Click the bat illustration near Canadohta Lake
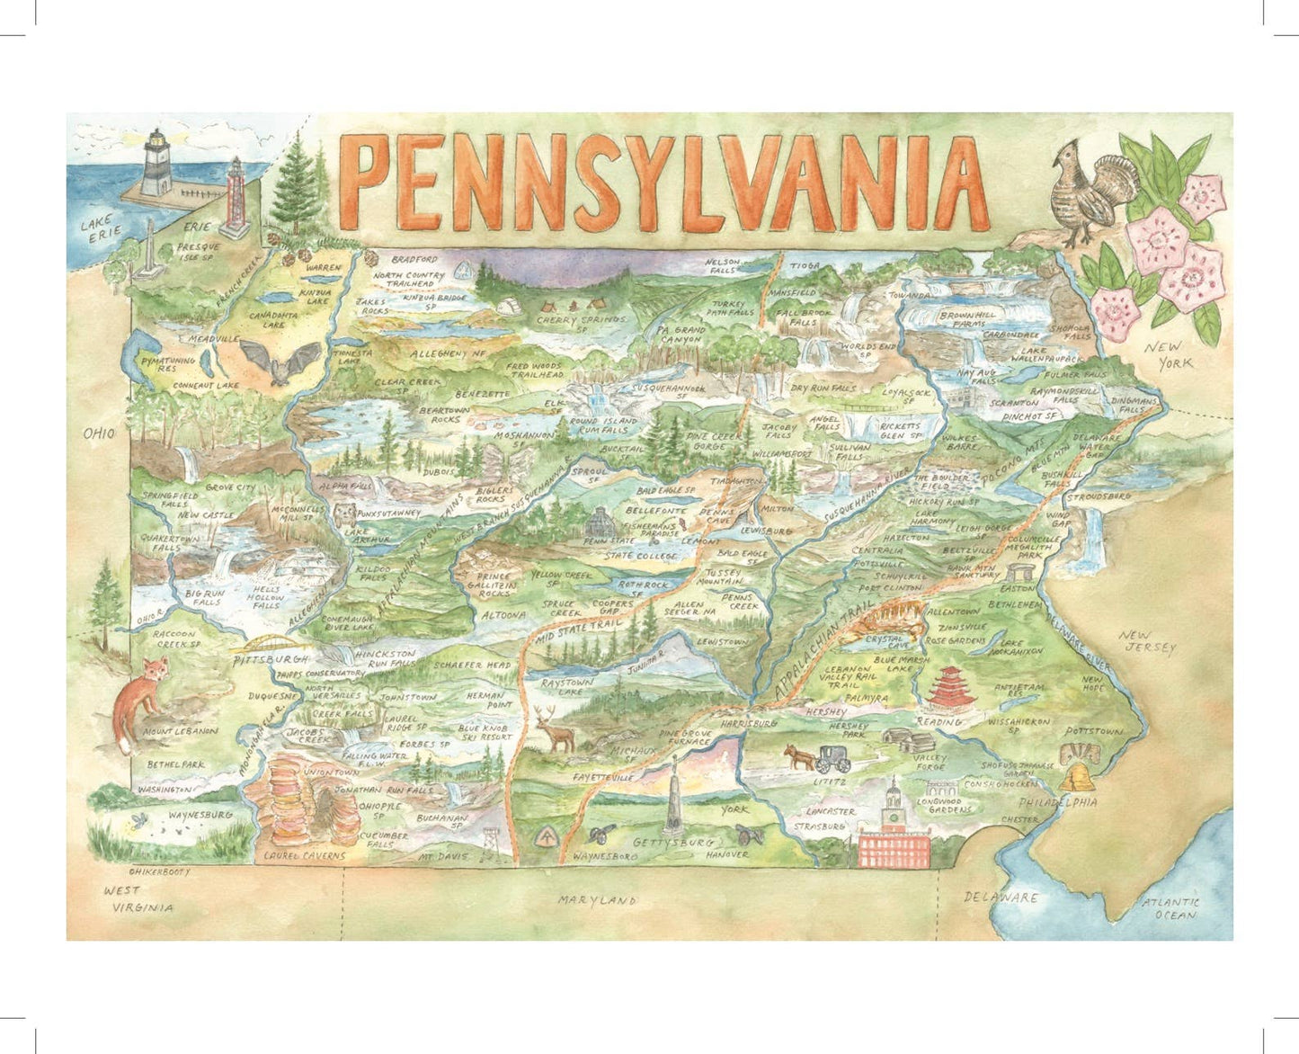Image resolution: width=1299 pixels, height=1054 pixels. pos(289,362)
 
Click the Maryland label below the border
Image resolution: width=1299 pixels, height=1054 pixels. pos(596,899)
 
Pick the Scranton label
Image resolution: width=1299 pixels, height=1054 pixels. pos(1014,404)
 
